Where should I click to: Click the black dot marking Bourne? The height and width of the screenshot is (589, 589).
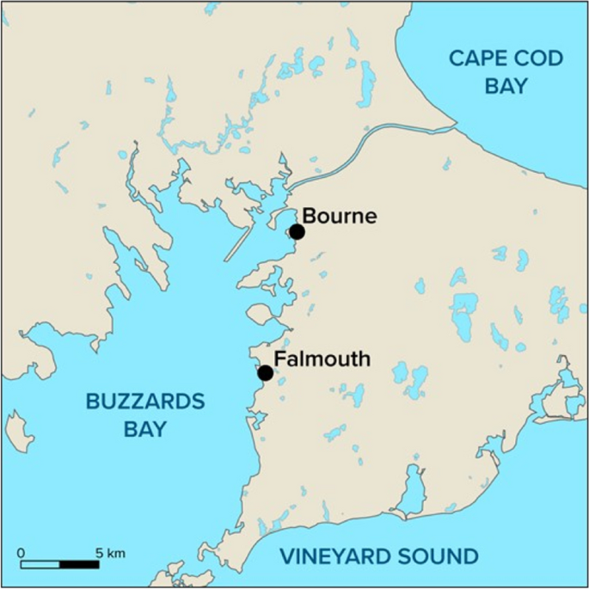click(x=297, y=231)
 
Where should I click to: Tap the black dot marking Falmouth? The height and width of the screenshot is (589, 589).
click(x=266, y=373)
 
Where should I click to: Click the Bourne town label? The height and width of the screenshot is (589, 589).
click(x=340, y=216)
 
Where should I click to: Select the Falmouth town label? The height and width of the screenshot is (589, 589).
click(x=322, y=359)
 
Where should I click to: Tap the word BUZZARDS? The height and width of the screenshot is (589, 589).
click(x=144, y=402)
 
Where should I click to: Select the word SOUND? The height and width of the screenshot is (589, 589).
click(x=442, y=556)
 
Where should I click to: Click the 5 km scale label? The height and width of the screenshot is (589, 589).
click(x=110, y=553)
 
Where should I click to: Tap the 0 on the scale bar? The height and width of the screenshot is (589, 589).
click(x=21, y=553)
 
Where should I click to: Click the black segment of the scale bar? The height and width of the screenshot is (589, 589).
click(x=79, y=565)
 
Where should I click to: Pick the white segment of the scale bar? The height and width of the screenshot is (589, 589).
click(x=40, y=565)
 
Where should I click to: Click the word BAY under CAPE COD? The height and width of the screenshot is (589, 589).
click(x=506, y=86)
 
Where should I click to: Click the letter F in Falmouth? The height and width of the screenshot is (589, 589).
click(x=279, y=359)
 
